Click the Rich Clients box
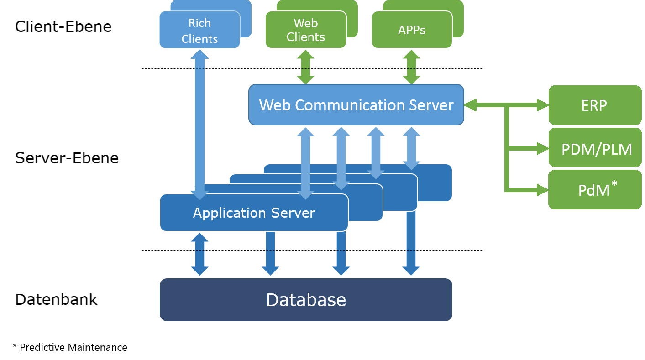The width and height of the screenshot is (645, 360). click(x=199, y=30)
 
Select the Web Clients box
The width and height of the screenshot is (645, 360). click(x=305, y=30)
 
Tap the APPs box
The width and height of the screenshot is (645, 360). click(x=412, y=30)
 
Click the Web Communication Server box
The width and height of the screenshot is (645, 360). click(x=356, y=105)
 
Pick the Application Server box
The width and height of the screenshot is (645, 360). click(x=254, y=213)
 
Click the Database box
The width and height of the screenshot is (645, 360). click(x=306, y=300)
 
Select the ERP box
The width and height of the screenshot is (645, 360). click(x=594, y=105)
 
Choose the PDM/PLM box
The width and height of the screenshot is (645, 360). click(x=596, y=149)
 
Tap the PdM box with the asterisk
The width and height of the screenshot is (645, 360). click(x=594, y=190)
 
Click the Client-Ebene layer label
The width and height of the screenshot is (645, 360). click(x=63, y=26)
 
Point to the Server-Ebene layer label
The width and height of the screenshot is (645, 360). click(x=67, y=158)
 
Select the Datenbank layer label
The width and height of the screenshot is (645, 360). click(x=56, y=299)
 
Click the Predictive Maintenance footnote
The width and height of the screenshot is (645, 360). click(x=70, y=347)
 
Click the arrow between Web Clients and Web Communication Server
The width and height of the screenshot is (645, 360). click(x=305, y=67)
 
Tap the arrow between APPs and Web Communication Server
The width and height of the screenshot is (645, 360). click(x=412, y=67)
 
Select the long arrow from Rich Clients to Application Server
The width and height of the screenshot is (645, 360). click(x=199, y=123)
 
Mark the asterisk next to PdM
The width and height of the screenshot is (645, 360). click(x=614, y=183)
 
